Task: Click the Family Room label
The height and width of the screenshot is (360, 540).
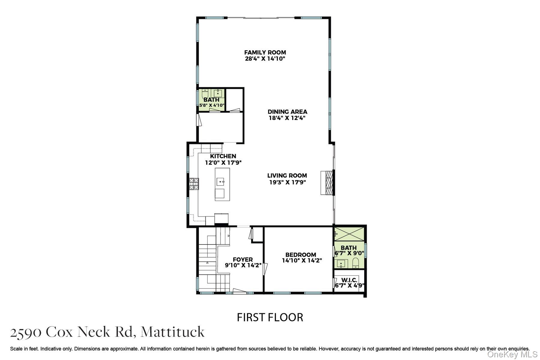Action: pyautogui.click(x=265, y=52)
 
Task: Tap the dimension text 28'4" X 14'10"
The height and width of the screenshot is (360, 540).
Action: pyautogui.click(x=265, y=59)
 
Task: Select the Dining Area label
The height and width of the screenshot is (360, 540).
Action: pyautogui.click(x=287, y=112)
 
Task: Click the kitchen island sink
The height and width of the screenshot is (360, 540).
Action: pyautogui.click(x=221, y=181)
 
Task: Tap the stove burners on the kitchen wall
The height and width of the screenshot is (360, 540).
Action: pyautogui.click(x=194, y=184)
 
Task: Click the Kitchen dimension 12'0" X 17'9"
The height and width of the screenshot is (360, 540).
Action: pyautogui.click(x=223, y=163)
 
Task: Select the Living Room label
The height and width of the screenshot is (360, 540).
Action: pyautogui.click(x=287, y=175)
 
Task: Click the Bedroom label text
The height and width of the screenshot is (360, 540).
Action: pyautogui.click(x=301, y=255)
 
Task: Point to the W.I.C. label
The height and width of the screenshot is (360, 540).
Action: pyautogui.click(x=349, y=280)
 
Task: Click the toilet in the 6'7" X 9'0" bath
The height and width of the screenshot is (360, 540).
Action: pyautogui.click(x=356, y=263)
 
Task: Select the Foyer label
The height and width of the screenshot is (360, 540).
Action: pyautogui.click(x=243, y=259)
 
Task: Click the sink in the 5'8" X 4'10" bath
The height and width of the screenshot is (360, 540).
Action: pyautogui.click(x=218, y=93)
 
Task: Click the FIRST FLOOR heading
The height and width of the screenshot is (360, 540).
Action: pyautogui.click(x=270, y=317)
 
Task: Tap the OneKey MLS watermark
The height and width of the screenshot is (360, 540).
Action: pyautogui.click(x=512, y=355)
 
